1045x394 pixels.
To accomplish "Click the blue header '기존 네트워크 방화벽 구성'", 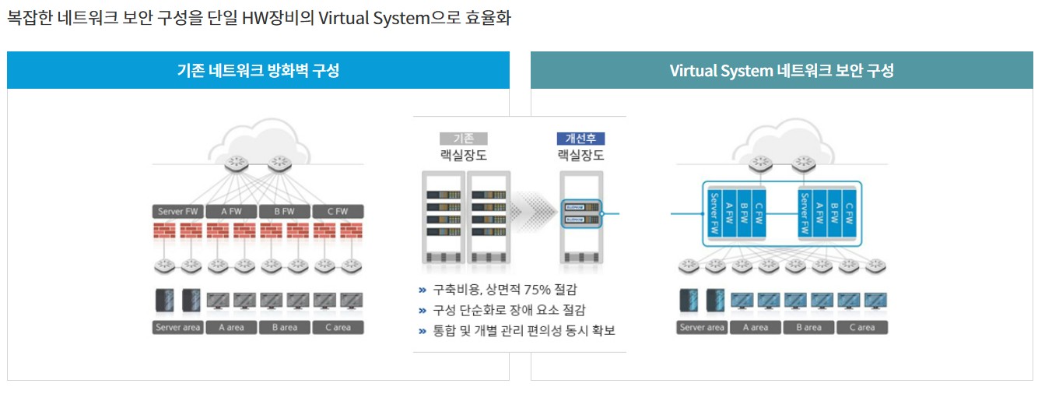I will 258,71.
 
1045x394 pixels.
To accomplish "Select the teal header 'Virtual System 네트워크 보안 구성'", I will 781,71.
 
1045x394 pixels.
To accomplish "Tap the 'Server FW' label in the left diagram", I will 179,211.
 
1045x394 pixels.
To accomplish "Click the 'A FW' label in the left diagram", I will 232,211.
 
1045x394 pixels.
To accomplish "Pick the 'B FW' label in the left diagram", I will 285,211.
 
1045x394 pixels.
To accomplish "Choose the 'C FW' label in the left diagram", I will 338,211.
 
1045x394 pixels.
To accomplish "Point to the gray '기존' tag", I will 464,139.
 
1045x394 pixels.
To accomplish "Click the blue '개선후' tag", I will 580,139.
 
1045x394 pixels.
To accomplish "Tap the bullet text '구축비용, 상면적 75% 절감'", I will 505,290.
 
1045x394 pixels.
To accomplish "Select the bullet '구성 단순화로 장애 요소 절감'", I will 510,310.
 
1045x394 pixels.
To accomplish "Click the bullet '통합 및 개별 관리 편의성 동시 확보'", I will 524,331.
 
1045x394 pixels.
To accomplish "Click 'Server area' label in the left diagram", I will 179,327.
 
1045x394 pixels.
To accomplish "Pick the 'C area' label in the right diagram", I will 861,327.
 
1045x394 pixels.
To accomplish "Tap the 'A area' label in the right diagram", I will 756,327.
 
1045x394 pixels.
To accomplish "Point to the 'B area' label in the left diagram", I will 285,327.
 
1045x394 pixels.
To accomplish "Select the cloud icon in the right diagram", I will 782,140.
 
